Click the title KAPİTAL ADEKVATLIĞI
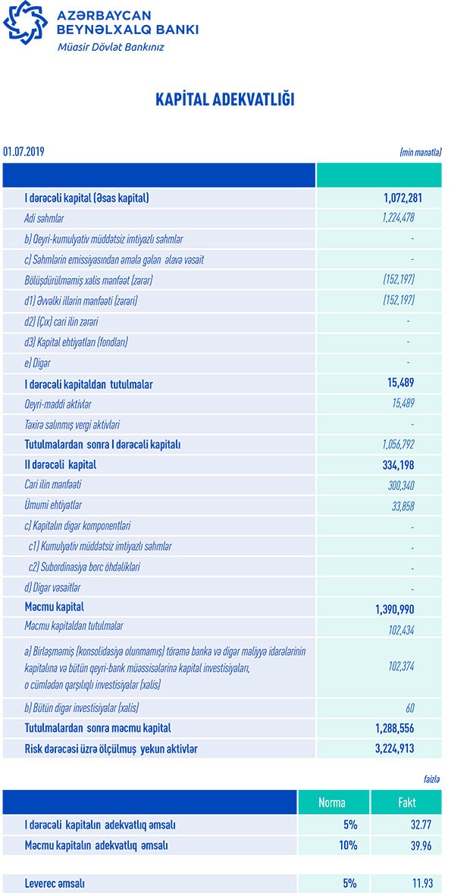(224, 100)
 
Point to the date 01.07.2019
(23, 152)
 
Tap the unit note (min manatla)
(420, 152)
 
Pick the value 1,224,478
(398, 219)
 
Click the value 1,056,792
(398, 445)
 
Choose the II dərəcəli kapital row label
(61, 464)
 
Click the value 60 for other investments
(409, 708)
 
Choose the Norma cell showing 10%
(349, 845)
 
